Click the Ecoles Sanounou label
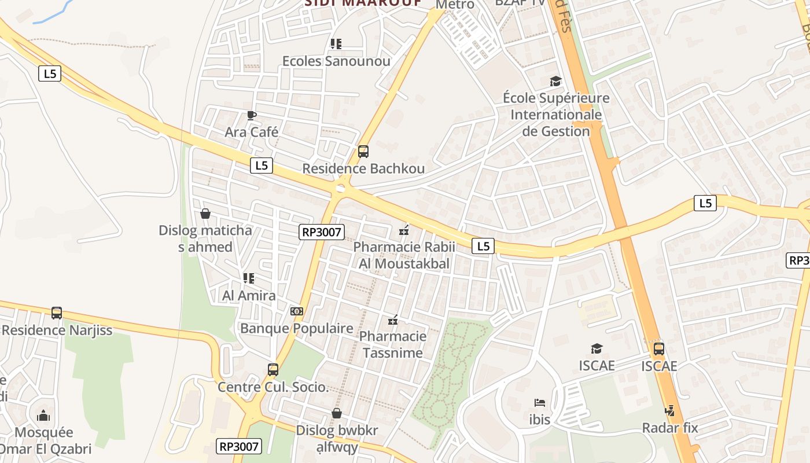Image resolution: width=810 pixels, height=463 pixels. click(336, 61)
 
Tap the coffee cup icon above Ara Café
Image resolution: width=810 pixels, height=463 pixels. click(251, 115)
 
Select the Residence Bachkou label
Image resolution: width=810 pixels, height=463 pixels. click(363, 168)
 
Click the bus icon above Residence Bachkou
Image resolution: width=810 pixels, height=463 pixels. click(363, 152)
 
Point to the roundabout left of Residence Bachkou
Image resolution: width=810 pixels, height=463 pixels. click(340, 188)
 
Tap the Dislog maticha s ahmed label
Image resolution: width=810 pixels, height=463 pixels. click(205, 238)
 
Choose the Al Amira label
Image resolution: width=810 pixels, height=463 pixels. click(249, 295)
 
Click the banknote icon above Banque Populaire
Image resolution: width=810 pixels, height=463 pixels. click(296, 311)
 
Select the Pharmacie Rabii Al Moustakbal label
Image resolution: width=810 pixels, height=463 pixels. click(404, 255)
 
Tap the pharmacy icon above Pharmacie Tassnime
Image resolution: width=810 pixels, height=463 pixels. click(393, 319)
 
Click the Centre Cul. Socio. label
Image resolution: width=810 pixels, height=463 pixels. click(273, 387)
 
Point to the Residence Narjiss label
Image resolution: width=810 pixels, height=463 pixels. click(57, 330)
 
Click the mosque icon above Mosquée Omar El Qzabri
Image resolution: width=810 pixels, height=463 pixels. click(43, 416)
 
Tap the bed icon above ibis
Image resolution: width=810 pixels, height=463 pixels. click(540, 403)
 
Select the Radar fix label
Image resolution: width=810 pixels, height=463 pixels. click(670, 428)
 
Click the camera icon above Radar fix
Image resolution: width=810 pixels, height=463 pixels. click(670, 411)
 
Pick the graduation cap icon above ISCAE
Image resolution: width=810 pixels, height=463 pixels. click(597, 348)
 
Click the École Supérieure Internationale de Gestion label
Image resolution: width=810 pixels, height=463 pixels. click(556, 115)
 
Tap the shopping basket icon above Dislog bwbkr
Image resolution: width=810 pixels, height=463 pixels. click(337, 413)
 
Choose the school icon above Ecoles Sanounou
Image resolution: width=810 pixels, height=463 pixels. click(336, 43)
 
